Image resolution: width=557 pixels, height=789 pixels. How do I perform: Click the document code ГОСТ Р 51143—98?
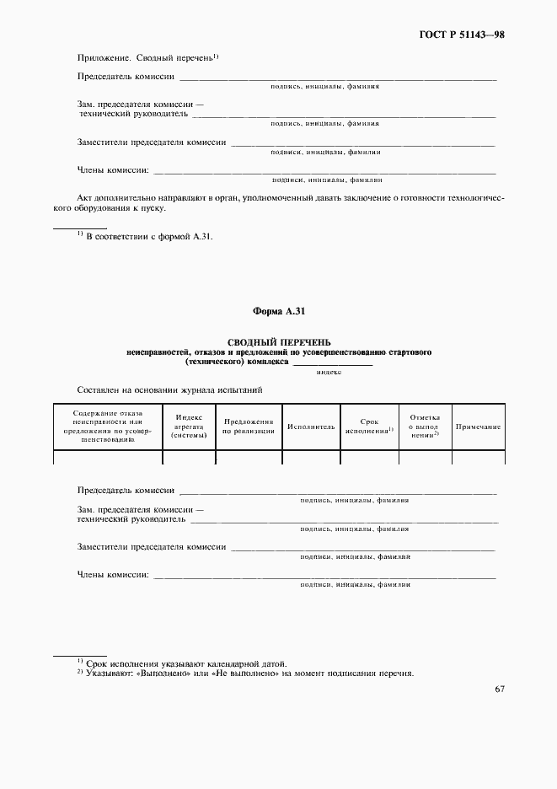(x=462, y=35)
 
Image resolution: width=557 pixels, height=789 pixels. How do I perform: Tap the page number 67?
(x=500, y=689)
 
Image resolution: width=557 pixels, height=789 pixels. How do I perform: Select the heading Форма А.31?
(x=277, y=312)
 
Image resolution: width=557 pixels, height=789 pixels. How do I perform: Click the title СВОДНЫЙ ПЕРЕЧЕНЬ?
(x=278, y=341)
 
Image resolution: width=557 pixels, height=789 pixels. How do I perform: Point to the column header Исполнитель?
(x=311, y=427)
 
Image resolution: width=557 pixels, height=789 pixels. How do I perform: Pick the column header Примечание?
(x=479, y=427)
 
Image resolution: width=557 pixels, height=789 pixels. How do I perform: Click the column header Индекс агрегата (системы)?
(x=189, y=427)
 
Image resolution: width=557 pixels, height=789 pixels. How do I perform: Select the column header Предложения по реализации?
(x=249, y=427)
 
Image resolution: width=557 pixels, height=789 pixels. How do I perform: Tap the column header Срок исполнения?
(x=369, y=427)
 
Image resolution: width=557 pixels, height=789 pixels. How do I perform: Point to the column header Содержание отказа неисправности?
(x=108, y=427)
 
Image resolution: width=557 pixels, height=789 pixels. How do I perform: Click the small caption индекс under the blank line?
(x=329, y=372)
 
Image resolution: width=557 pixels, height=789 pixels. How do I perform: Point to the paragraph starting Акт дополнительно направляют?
(x=278, y=202)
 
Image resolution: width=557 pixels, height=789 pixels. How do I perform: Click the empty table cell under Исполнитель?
(x=311, y=458)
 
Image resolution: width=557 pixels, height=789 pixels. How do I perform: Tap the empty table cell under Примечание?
(x=479, y=458)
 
